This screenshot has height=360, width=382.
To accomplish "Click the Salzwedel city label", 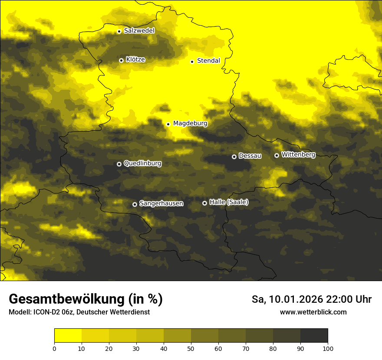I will [139, 31].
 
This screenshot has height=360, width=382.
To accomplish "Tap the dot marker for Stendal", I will [192, 62].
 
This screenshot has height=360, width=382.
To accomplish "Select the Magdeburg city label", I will [190, 124].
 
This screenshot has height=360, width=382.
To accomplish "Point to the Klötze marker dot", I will [121, 61].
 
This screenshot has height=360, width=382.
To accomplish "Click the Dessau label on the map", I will [250, 156].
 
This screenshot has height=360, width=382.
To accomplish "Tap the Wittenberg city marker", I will [277, 155].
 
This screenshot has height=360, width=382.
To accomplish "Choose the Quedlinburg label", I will [142, 164].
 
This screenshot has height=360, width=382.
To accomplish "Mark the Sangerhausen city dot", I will [135, 204].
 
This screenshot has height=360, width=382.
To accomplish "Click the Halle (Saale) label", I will [229, 202].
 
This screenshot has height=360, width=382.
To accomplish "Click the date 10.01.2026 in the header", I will [294, 299].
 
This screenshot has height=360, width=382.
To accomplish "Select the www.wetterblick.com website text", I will [313, 312].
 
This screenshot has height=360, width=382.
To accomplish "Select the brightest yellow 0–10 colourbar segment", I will [68, 336].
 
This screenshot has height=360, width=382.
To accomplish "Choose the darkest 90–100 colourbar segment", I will [314, 336].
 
